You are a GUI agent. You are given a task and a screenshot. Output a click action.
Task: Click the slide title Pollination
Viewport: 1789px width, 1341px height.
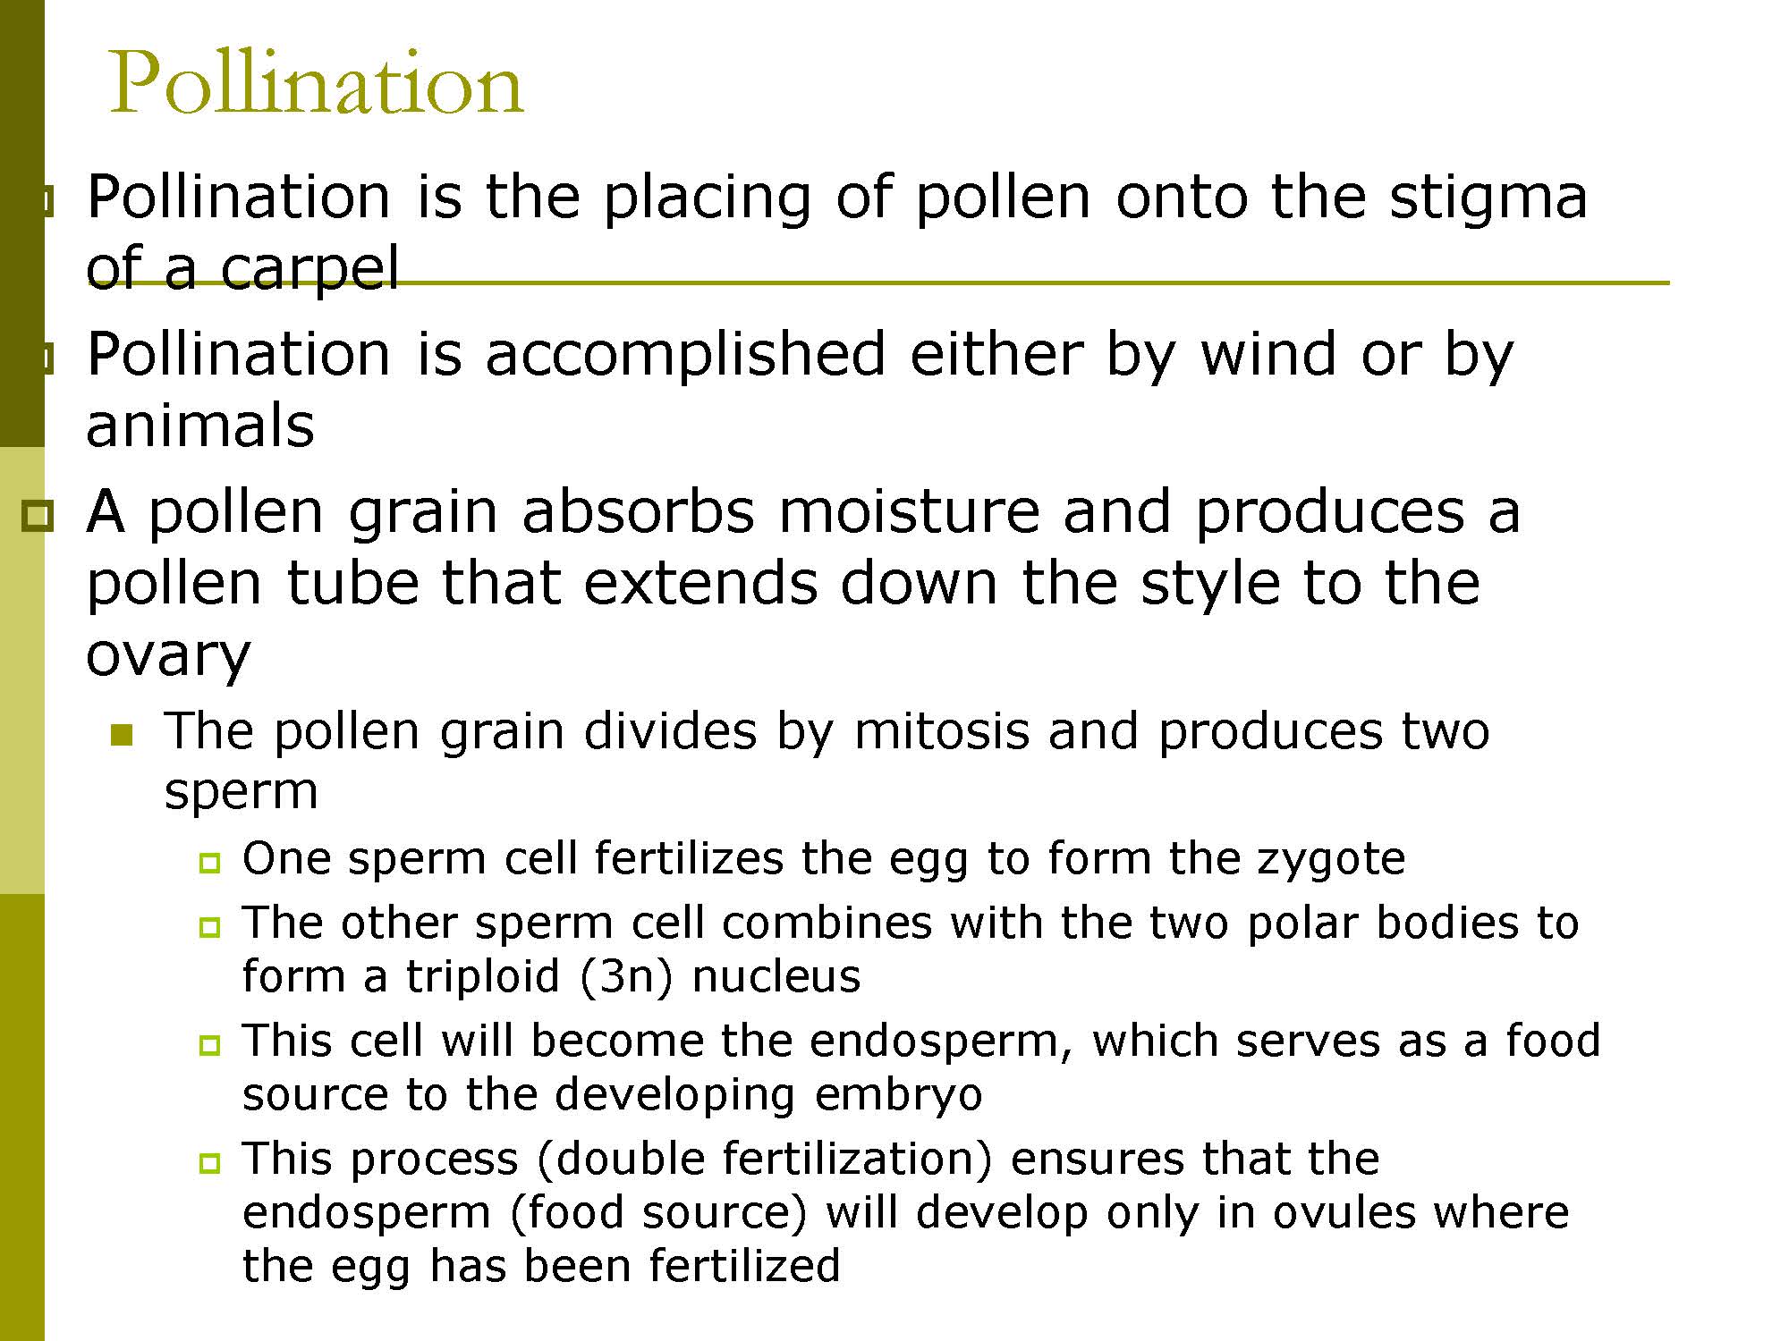point(316,83)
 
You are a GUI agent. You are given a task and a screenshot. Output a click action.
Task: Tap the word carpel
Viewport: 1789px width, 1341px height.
point(309,271)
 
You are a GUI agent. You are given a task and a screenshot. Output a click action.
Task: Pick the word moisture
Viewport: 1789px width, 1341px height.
point(908,511)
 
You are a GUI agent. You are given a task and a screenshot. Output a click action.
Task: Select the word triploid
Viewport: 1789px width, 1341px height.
point(482,977)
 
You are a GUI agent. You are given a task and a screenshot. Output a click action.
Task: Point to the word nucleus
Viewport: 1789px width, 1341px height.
point(776,976)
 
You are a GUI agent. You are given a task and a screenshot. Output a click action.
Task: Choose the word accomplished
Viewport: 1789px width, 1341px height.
point(686,355)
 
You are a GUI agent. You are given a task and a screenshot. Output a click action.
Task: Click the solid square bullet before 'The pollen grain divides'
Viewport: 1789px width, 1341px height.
point(122,736)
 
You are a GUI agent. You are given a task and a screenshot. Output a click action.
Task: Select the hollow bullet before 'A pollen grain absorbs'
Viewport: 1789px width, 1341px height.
point(38,516)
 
